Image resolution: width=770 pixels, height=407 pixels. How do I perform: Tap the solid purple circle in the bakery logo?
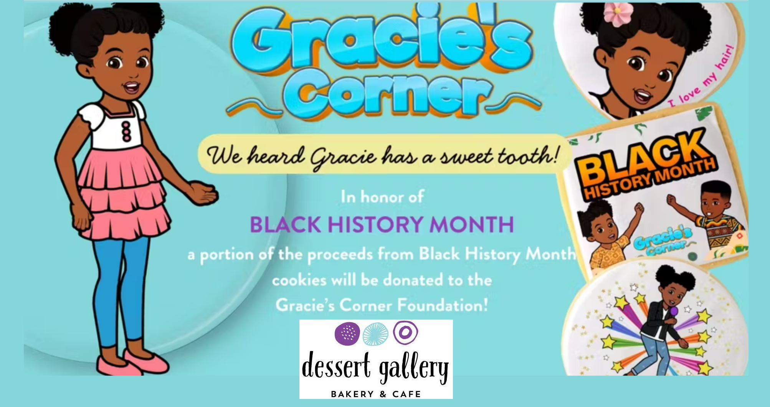[347, 333]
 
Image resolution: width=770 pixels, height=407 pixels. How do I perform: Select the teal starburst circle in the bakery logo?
[375, 334]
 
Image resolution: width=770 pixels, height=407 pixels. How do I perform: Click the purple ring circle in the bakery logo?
[405, 333]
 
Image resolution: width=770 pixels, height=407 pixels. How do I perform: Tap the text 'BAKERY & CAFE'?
[376, 394]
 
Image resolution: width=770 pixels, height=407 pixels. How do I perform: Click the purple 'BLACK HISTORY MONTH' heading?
[382, 225]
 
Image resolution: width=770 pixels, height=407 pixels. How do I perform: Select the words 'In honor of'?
[382, 197]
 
